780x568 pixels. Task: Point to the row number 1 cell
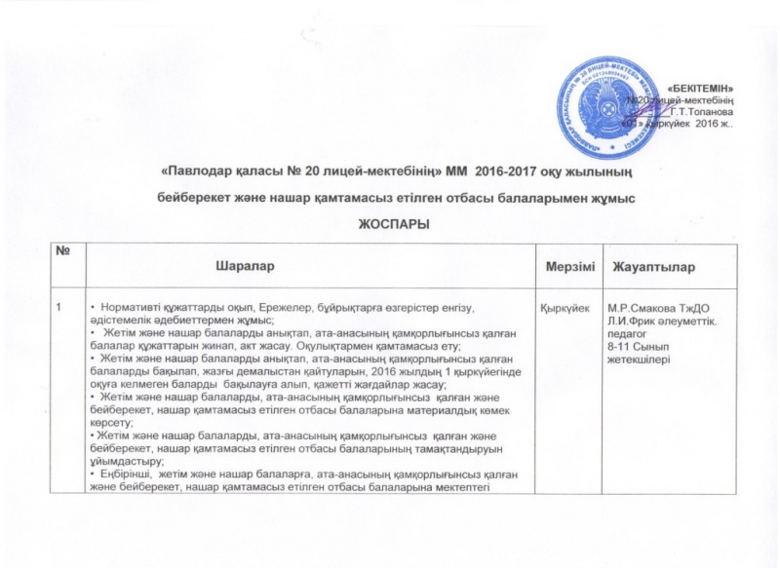(59, 309)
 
